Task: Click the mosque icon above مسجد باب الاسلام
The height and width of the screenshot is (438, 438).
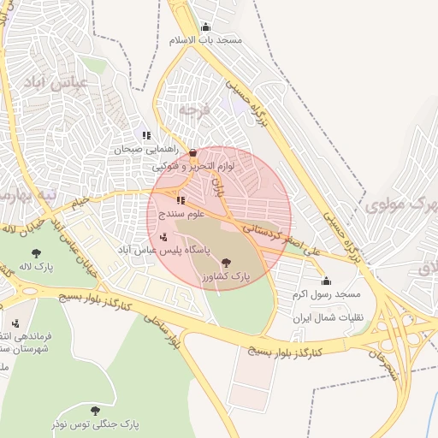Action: point(204,27)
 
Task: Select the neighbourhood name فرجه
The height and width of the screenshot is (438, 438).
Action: point(193,109)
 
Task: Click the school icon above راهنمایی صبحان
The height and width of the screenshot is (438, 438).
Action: point(146,135)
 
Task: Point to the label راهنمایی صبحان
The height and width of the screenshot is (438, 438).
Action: point(139,149)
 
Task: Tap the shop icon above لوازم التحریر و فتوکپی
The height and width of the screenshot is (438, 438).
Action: point(192,153)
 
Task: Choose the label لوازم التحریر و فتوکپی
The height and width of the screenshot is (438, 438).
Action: point(193,166)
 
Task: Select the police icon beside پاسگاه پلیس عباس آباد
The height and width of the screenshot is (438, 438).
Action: point(163,235)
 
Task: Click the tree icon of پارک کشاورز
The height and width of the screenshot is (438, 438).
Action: point(225,263)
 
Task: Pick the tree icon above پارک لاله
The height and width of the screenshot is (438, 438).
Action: point(36,253)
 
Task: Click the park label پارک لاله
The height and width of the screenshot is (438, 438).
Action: point(36,267)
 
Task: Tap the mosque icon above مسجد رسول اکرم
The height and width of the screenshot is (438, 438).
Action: point(326,281)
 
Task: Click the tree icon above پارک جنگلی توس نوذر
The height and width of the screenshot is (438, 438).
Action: point(95,411)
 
